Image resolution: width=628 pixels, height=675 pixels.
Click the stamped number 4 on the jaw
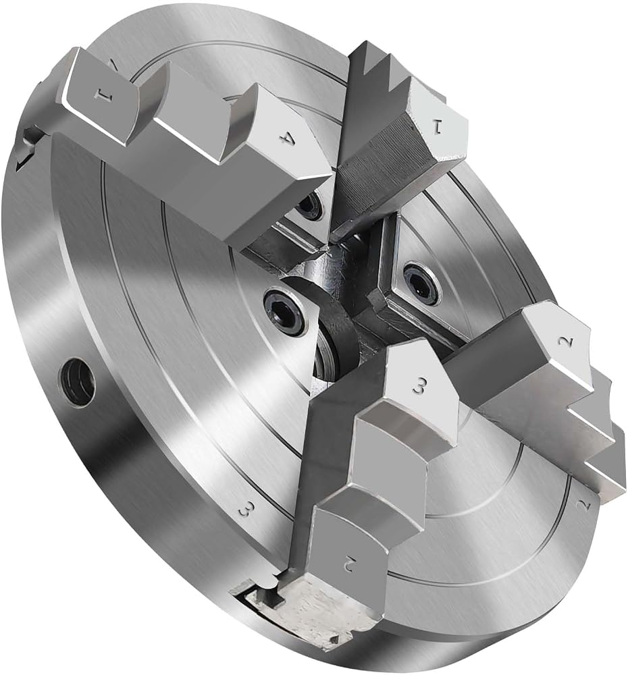click(286, 139)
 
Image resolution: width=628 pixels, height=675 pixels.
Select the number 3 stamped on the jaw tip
click(419, 384)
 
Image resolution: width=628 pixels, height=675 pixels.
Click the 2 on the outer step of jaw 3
click(349, 562)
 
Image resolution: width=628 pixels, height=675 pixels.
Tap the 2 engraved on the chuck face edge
click(585, 504)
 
